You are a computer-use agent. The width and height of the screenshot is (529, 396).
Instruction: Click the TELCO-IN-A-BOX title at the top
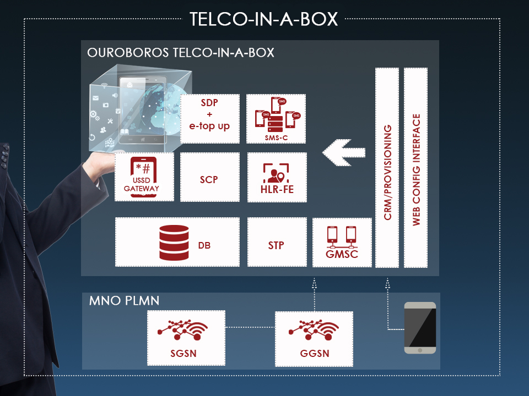click(264, 19)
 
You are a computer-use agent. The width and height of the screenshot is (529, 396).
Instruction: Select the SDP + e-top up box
click(210, 118)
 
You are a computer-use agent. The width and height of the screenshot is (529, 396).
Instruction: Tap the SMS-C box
click(276, 118)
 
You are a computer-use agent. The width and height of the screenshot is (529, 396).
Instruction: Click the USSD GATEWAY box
click(144, 177)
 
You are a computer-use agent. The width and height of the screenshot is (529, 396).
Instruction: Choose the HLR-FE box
click(276, 177)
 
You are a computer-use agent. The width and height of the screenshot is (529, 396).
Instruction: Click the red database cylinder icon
click(174, 242)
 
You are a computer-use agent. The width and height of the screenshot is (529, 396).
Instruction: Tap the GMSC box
click(342, 242)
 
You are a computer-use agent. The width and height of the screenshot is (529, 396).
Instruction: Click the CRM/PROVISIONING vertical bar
click(388, 168)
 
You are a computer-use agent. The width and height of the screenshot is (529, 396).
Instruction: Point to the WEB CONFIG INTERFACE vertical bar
click(416, 168)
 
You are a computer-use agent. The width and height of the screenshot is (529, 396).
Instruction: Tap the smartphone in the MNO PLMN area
click(420, 328)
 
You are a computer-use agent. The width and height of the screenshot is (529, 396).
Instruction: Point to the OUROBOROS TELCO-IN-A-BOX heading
click(181, 53)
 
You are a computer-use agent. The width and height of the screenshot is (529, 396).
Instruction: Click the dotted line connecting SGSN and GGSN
click(250, 328)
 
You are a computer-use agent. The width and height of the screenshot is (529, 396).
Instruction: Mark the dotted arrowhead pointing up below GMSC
click(314, 282)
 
